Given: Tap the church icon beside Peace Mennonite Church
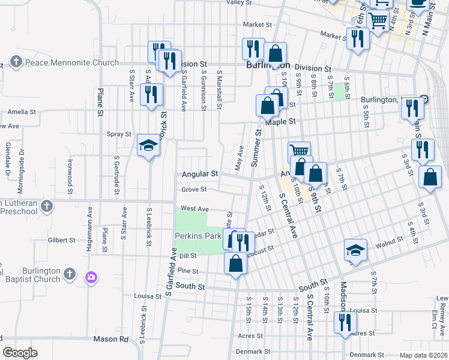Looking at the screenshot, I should (16, 62).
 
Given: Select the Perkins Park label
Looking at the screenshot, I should (199, 236).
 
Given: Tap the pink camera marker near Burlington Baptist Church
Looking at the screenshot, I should (91, 277).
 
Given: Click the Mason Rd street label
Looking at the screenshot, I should (111, 339).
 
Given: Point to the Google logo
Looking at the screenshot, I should (20, 353).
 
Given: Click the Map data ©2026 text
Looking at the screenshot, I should (423, 355).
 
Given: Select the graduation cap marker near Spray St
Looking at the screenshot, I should (148, 145).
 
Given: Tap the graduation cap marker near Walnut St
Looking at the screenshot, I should (355, 251).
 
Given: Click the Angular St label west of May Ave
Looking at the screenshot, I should (199, 174).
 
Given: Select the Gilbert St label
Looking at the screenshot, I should (62, 240).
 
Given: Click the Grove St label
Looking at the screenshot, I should (194, 190).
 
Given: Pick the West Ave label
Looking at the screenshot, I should (194, 208).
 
